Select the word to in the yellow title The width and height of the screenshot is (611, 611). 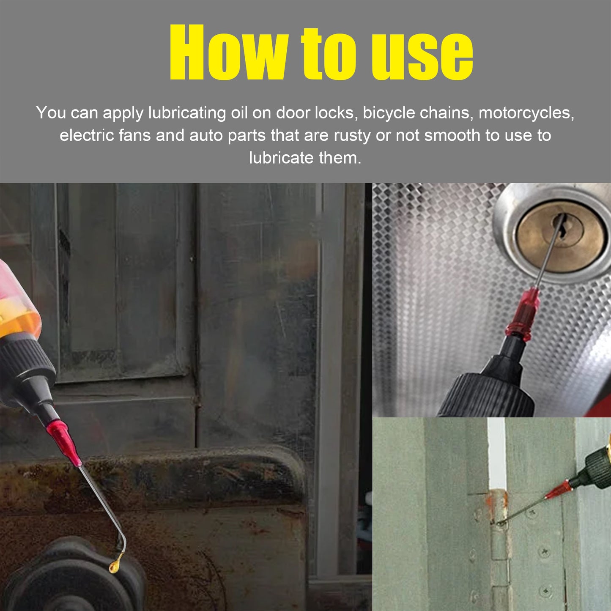point(328,53)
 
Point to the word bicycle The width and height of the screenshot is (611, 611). point(389,113)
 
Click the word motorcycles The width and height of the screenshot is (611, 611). point(526,113)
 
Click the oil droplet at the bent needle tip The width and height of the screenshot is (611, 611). point(114,566)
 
